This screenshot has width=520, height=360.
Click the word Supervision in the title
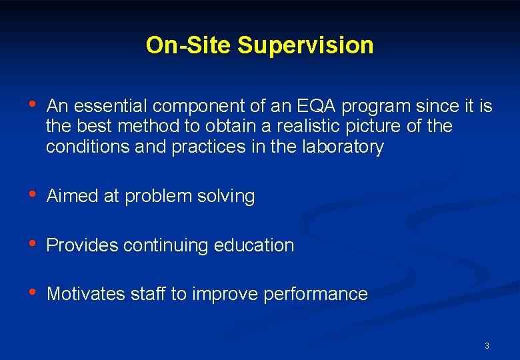(305, 46)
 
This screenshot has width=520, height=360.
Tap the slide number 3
(487, 345)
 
